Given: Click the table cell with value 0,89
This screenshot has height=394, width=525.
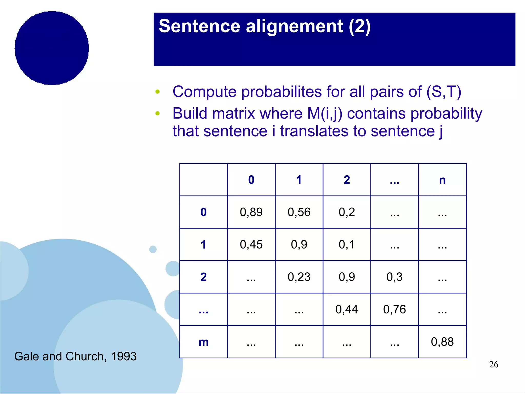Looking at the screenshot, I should [251, 212].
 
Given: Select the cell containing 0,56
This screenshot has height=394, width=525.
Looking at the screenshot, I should [299, 212].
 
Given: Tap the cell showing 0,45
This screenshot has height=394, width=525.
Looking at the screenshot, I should [251, 245].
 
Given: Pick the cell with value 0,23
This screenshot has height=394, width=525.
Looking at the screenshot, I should [299, 277].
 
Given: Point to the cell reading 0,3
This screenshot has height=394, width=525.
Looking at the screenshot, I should [395, 277].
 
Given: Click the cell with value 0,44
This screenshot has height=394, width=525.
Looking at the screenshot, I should [347, 309].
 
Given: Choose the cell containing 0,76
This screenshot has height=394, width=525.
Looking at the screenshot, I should [395, 309].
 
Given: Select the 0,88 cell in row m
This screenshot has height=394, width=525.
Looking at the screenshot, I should [442, 342].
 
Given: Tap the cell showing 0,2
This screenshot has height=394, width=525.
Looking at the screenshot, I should [347, 212].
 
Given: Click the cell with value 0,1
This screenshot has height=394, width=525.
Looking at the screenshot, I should [347, 245].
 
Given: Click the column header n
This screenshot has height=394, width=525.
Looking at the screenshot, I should [442, 180].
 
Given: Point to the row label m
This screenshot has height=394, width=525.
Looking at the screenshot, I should [204, 342].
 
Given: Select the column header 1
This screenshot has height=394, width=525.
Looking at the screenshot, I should [299, 180].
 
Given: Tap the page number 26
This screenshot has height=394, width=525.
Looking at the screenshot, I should [493, 364].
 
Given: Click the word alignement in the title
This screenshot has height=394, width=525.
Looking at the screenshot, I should [294, 26].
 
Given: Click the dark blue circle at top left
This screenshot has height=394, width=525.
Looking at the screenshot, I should [52, 48].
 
